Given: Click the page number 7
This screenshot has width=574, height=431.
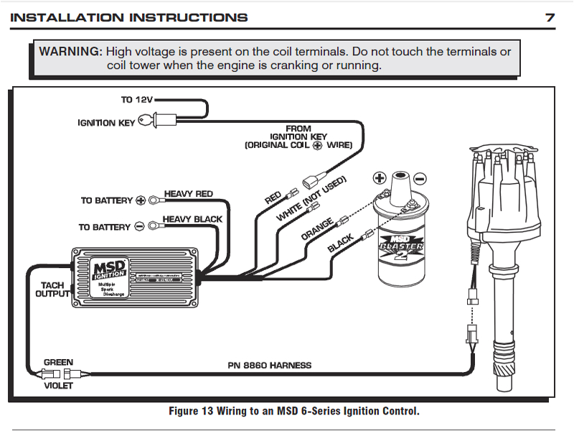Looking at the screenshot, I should (x=550, y=18).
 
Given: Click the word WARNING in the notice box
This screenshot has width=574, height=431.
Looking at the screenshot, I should (x=71, y=52).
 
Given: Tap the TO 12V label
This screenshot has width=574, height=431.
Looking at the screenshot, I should (x=136, y=101).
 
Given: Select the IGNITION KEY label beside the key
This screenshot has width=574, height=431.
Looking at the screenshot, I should (x=106, y=123).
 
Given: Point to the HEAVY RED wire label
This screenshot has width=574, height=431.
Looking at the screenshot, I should (x=189, y=194).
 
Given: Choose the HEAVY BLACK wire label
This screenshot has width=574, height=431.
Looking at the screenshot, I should (x=192, y=219).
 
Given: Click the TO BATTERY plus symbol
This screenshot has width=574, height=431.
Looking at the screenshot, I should (x=141, y=200).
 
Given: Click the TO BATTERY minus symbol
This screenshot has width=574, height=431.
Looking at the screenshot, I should (x=140, y=227).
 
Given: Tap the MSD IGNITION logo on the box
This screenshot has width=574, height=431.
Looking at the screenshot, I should (x=110, y=269).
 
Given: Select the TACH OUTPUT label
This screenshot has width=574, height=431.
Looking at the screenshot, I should (x=52, y=289).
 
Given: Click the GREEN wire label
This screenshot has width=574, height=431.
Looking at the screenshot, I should (x=58, y=362).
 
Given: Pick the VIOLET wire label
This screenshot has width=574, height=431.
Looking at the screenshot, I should (x=58, y=385).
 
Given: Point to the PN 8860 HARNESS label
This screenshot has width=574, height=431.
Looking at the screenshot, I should (x=270, y=365).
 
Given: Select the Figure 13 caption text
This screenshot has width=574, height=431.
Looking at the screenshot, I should (x=293, y=411).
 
